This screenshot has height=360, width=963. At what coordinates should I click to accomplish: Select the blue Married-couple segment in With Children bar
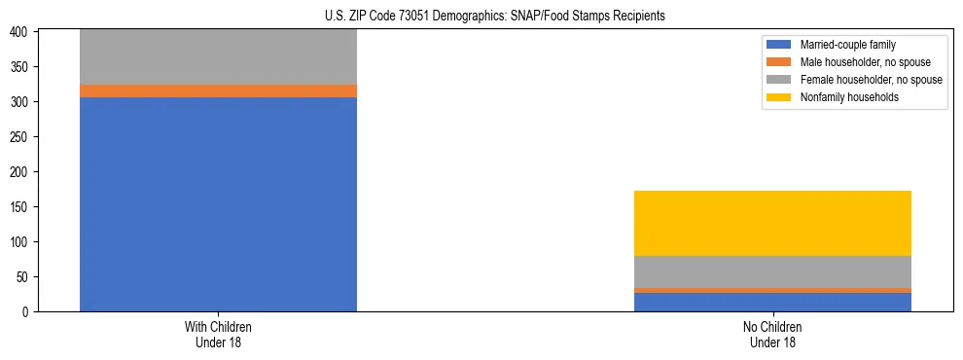(218, 204)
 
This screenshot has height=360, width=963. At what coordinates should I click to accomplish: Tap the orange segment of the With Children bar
(218, 90)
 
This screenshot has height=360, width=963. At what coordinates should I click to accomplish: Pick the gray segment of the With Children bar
(218, 56)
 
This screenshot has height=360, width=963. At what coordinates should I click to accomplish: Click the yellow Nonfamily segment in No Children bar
(772, 223)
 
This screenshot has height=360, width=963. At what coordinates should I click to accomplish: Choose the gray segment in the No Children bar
(772, 271)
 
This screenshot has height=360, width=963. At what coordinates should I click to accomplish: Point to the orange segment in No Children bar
(772, 290)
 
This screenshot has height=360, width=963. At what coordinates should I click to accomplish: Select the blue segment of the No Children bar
(772, 302)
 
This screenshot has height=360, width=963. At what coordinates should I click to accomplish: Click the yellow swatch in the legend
(779, 97)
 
